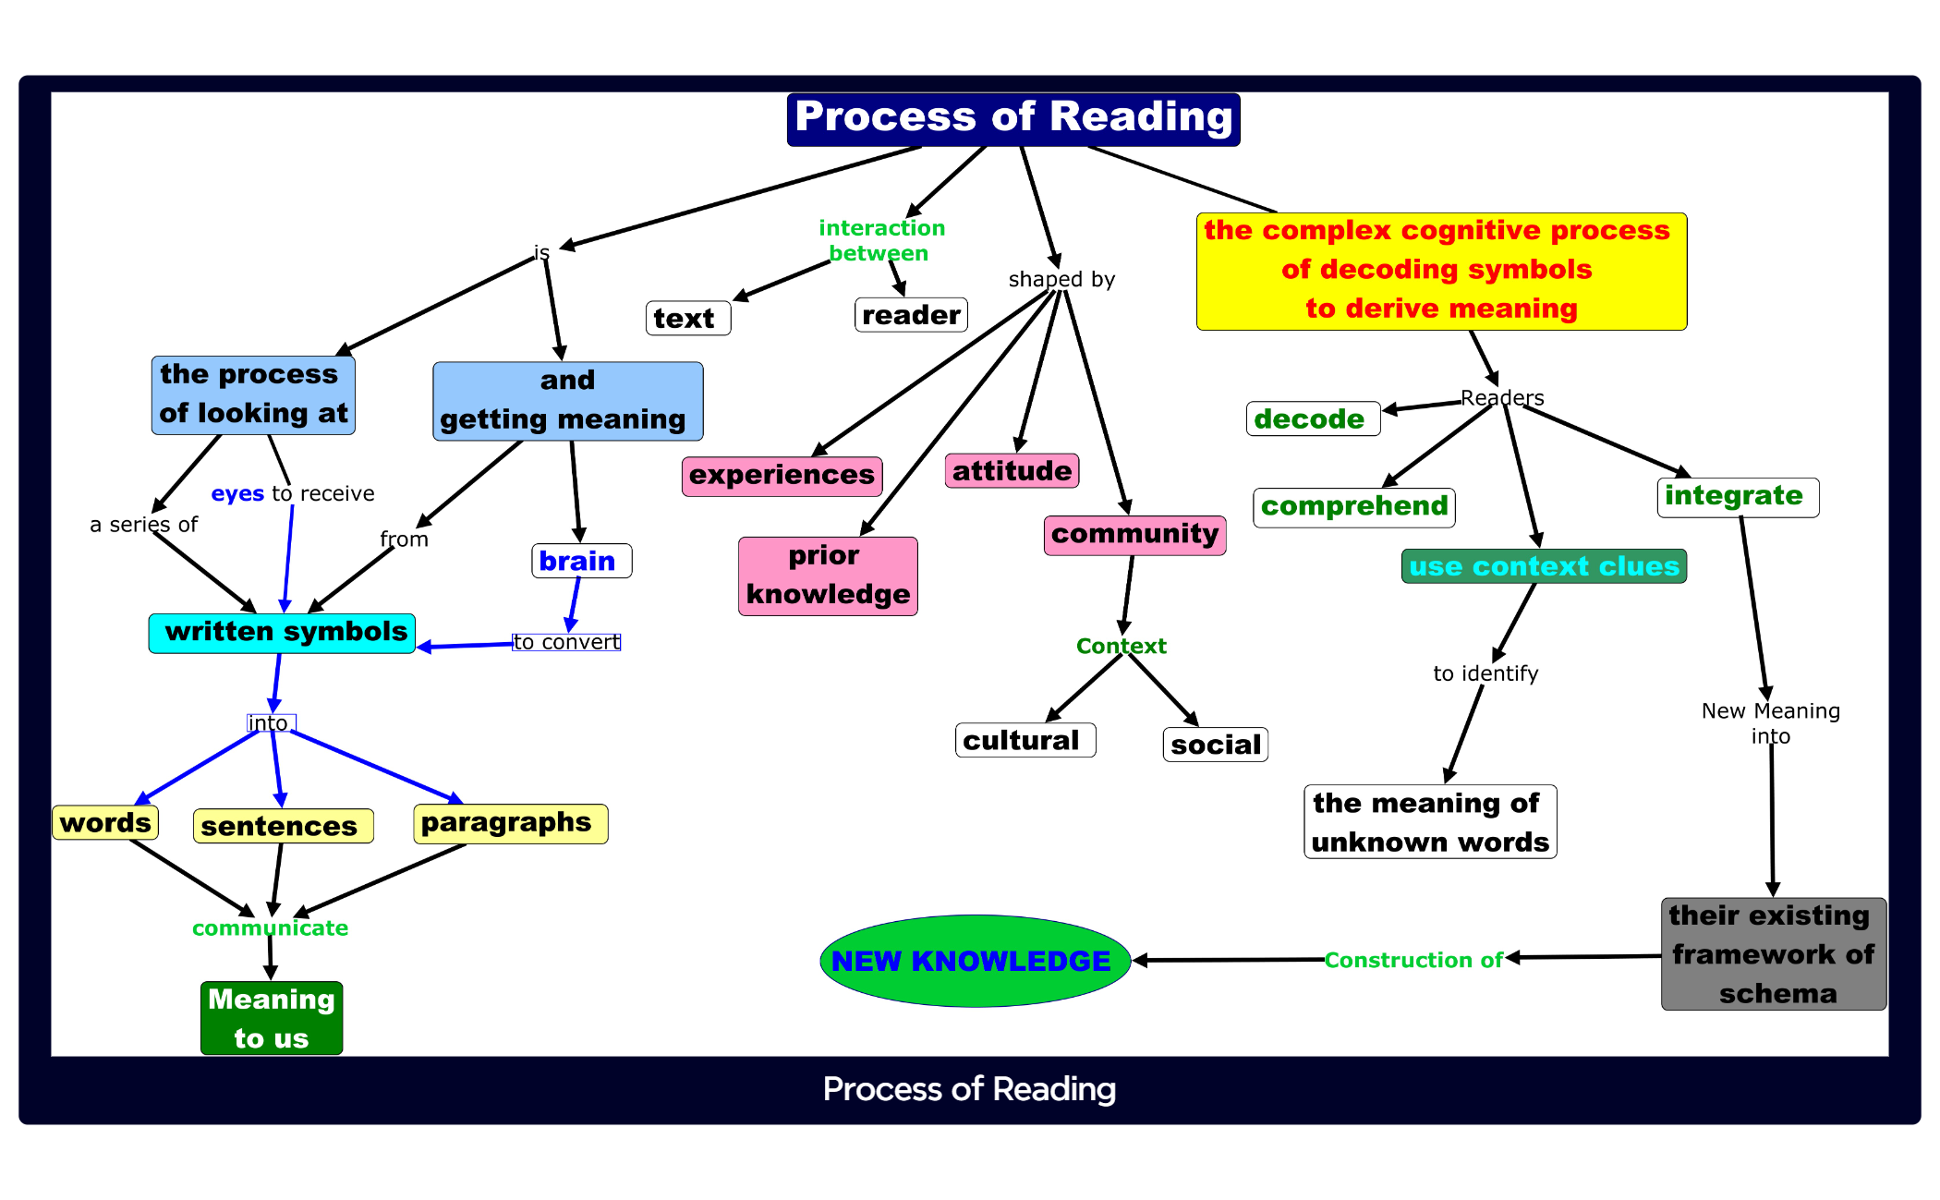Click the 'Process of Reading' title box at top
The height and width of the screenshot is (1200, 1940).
click(x=1012, y=119)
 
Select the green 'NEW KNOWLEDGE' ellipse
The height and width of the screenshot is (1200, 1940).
click(x=975, y=961)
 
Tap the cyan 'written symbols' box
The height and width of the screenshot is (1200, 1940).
click(x=282, y=633)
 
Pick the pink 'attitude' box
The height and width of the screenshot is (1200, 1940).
click(x=1012, y=471)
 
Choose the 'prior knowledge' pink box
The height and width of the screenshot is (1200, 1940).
click(x=828, y=576)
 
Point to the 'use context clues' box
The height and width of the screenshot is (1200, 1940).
click(x=1543, y=566)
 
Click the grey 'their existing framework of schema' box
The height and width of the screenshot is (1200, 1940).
click(x=1773, y=953)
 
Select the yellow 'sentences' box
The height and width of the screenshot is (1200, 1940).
click(x=283, y=826)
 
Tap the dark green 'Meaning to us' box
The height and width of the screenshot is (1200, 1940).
click(x=272, y=1018)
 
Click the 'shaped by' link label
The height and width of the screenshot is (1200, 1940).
click(x=1061, y=279)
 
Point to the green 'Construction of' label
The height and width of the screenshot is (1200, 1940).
click(x=1413, y=961)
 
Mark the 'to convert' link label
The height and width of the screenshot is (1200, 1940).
click(x=566, y=642)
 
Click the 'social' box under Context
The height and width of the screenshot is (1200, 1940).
click(x=1215, y=745)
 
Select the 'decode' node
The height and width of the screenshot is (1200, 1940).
click(x=1312, y=418)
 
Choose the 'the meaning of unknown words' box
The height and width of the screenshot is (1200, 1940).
click(x=1429, y=822)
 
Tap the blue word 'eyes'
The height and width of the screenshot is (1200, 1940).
click(x=237, y=493)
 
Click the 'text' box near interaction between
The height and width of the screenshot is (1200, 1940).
click(x=687, y=319)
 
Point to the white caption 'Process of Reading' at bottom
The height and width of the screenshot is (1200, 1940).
click(x=969, y=1089)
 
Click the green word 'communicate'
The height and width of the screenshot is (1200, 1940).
click(x=270, y=927)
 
